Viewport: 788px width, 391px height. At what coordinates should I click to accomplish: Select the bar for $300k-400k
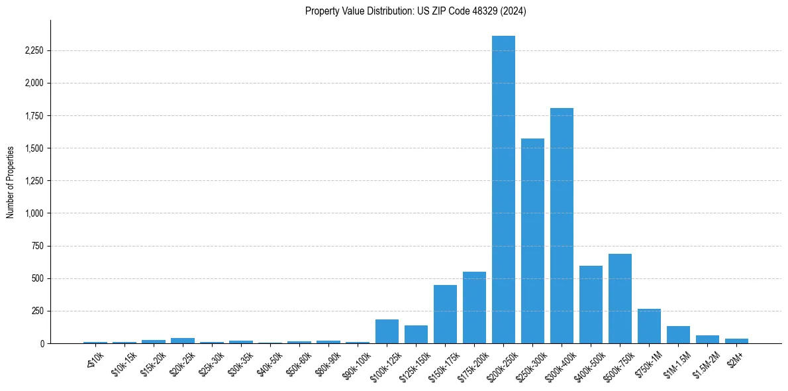[x=562, y=225]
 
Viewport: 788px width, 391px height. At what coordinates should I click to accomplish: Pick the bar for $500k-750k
[x=620, y=299]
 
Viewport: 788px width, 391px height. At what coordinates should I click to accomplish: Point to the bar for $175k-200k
[x=474, y=307]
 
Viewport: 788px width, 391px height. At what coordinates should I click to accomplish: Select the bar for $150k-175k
[x=445, y=314]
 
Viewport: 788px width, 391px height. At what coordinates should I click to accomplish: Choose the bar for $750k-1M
[x=649, y=326]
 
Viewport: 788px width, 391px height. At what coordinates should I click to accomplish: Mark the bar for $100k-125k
[x=387, y=331]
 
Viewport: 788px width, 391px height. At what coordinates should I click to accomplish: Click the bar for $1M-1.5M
[x=678, y=335]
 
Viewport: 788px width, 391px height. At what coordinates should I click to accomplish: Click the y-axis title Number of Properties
[x=10, y=182]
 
